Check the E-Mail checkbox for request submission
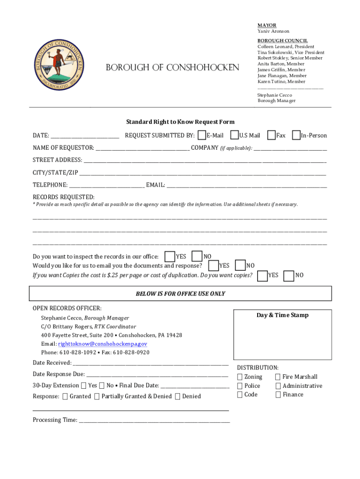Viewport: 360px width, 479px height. pos(202,135)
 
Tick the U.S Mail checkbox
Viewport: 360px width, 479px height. pos(235,135)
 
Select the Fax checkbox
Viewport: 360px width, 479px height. pos(271,135)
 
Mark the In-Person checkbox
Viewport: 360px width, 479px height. pos(296,135)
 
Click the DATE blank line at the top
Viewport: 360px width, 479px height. pos(85,136)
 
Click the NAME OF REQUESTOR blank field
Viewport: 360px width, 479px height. pos(142,148)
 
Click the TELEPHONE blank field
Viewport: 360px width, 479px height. pos(107,186)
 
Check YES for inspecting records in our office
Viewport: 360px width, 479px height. pos(171,256)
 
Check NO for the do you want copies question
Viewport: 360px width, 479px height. pos(289,276)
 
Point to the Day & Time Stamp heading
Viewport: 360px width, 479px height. pos(282,315)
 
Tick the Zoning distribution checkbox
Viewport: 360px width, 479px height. pos(240,377)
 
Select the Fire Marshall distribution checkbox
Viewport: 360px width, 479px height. pos(278,377)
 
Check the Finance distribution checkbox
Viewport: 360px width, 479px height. pos(278,395)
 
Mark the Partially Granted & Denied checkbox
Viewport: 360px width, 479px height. pos(97,397)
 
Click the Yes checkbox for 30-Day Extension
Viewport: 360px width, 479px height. pos(83,386)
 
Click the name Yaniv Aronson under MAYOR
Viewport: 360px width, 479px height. pos(273,31)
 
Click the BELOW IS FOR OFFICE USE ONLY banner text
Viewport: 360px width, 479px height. pos(180,294)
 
